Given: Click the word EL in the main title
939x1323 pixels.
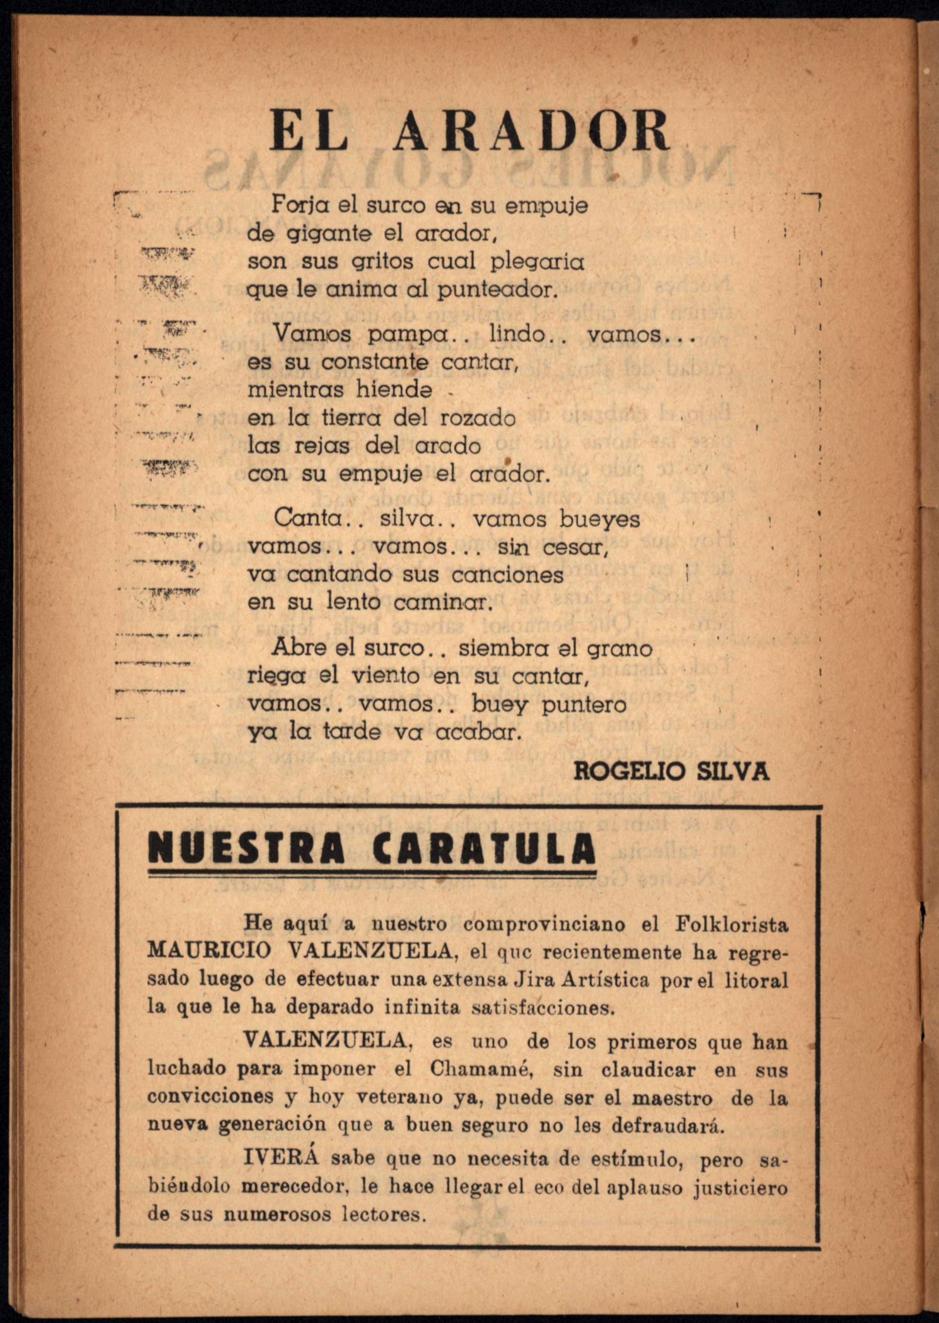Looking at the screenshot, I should (309, 132).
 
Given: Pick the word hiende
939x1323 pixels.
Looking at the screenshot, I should (394, 390).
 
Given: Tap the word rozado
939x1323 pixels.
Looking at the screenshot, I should (478, 418).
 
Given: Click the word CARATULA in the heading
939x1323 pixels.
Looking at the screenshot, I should (484, 848).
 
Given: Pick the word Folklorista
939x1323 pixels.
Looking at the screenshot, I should (732, 924).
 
